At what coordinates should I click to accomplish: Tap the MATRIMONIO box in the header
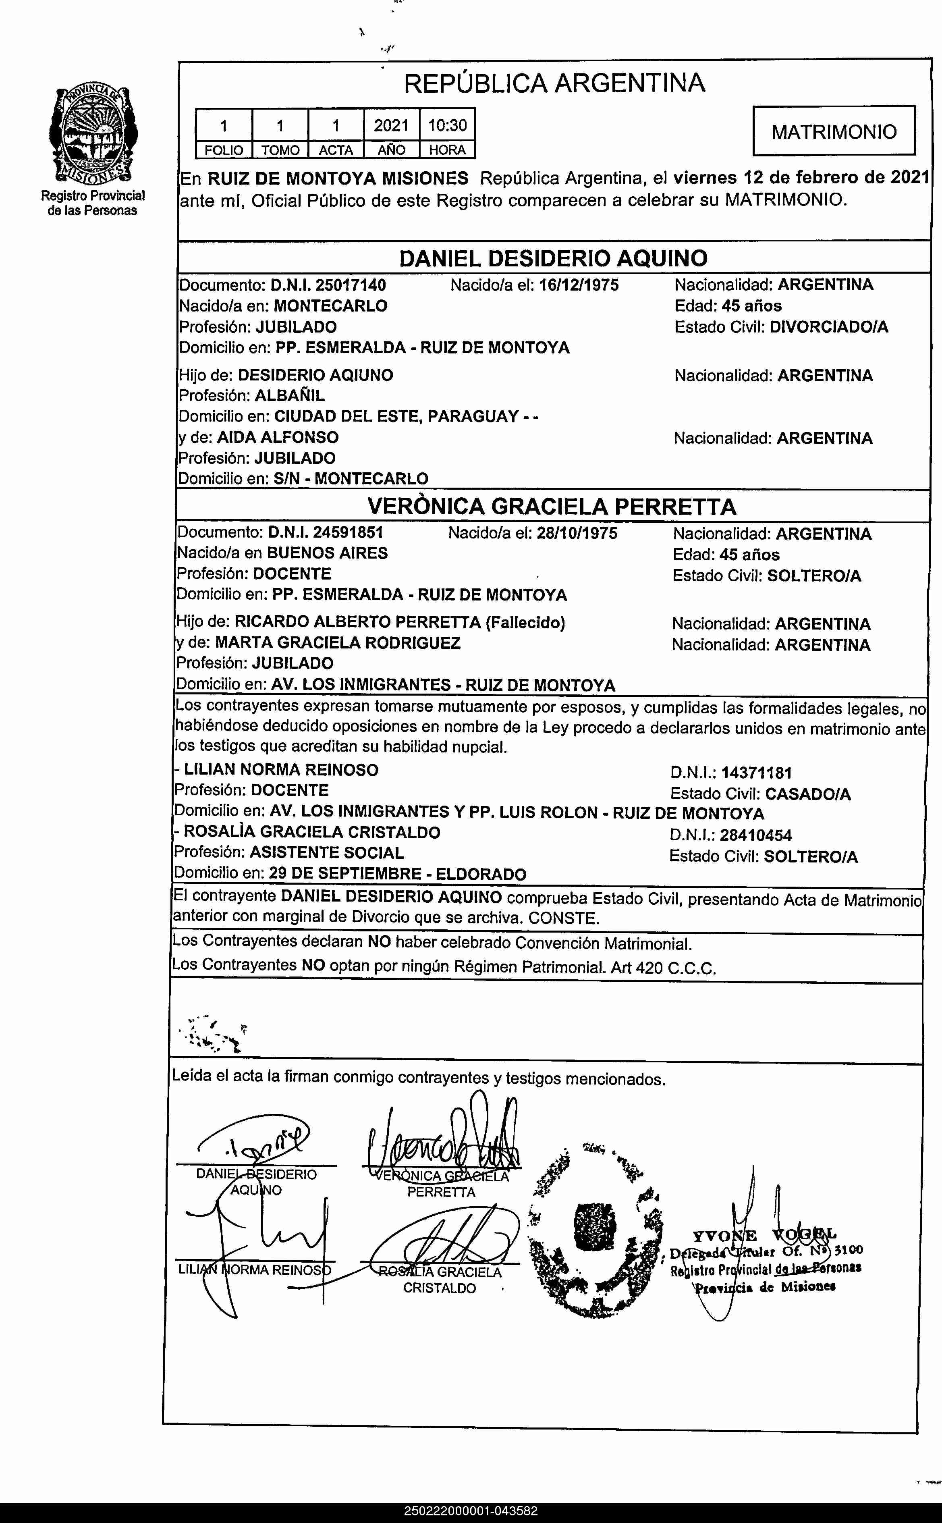point(834,131)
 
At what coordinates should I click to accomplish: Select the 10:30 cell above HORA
point(447,125)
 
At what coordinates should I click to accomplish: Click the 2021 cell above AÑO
point(391,125)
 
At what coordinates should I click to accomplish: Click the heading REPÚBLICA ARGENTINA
point(554,83)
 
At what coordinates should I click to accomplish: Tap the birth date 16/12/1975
point(579,285)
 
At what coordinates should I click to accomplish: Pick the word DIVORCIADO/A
point(829,327)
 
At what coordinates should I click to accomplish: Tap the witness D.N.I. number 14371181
point(756,773)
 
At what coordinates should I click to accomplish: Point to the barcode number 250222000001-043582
point(470,1511)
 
